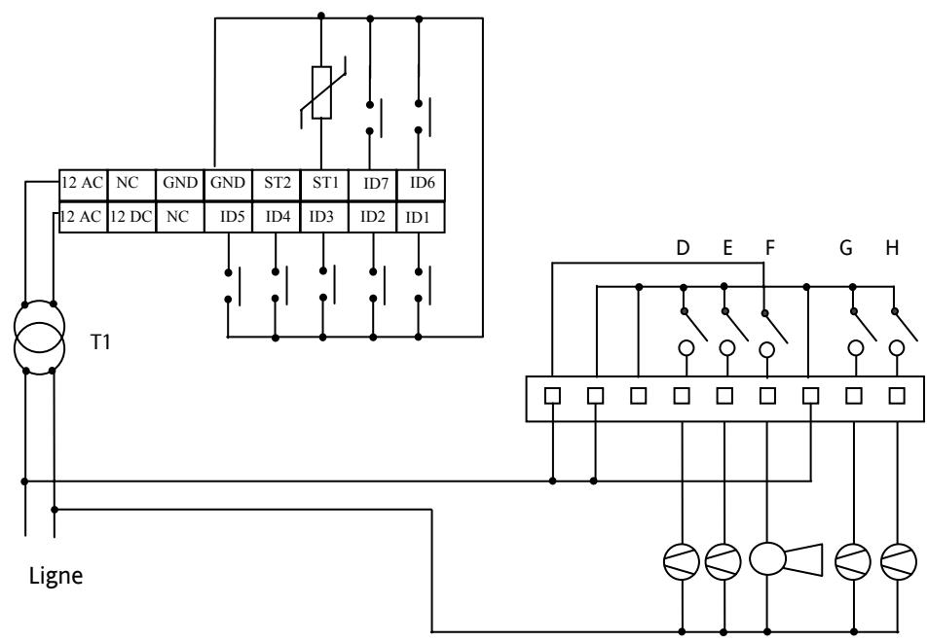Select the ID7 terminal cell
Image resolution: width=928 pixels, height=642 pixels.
point(371,182)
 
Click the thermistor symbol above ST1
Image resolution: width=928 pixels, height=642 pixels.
point(321,93)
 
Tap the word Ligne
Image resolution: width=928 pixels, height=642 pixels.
point(56,576)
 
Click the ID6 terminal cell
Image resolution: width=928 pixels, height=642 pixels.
point(422,182)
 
